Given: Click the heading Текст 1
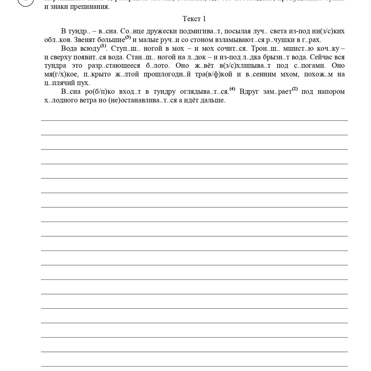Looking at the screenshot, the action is (194, 19).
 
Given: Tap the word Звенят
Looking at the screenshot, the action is (85, 40).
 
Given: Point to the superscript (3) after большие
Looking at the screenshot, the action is (128, 37).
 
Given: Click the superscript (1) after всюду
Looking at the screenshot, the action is (103, 46).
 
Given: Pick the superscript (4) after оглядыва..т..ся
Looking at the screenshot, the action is (232, 89).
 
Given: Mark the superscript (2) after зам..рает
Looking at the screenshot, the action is (295, 89).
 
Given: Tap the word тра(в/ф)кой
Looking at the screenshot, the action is (214, 74).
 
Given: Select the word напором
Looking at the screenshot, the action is (331, 92).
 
